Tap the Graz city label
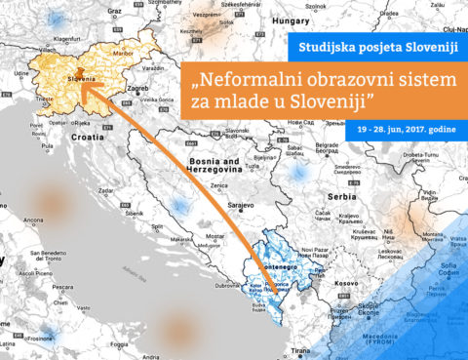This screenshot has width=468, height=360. click(115, 10)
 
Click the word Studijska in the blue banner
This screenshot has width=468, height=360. click(326, 51)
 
